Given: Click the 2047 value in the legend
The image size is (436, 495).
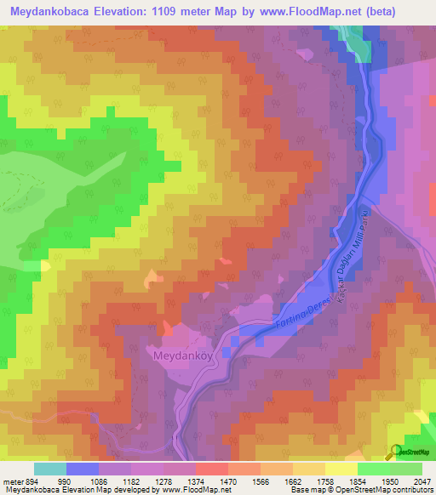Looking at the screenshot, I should click(422, 481).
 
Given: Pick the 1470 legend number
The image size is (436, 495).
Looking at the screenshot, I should click(228, 481).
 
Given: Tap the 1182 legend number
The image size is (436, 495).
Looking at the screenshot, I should click(131, 481).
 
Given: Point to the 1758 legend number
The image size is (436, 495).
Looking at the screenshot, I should click(325, 481).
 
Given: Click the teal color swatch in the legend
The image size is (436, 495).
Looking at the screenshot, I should click(50, 469).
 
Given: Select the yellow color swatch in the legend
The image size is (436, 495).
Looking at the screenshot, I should click(341, 469).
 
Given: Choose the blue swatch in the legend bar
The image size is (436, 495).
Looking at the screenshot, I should click(83, 469).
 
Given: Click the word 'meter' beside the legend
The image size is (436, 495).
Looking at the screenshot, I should click(12, 481).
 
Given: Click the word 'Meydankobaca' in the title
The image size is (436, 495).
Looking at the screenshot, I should click(45, 10).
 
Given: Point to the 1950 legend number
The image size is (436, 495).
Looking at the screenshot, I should click(390, 481).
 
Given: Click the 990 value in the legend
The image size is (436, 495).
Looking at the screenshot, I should click(66, 481).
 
